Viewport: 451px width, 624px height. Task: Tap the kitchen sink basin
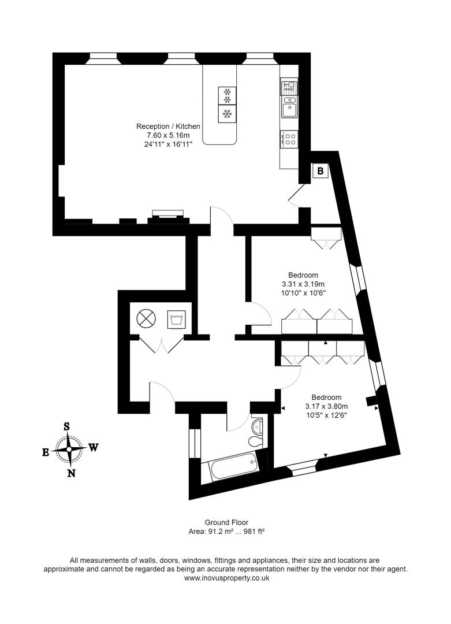289,107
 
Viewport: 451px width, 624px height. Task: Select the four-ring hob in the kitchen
289,139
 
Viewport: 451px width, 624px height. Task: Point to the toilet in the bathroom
255,442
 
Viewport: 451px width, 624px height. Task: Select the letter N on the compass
71,474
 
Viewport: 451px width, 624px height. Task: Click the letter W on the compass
93,447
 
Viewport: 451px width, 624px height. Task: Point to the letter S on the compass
67,426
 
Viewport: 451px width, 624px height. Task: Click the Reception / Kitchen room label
168,126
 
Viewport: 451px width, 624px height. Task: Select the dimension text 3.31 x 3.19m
303,284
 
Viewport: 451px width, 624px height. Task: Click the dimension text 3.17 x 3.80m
326,406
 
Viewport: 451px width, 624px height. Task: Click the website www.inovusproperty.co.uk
226,577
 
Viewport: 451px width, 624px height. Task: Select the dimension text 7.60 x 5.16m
168,135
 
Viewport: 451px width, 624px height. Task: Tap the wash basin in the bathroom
258,426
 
